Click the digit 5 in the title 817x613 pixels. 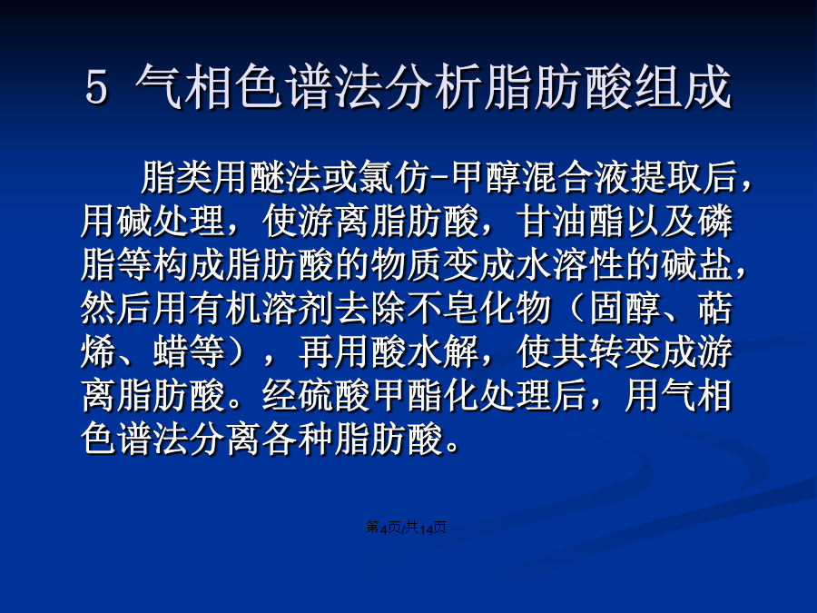point(96,87)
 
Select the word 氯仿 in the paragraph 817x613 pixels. point(394,177)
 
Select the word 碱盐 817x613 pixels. point(696,265)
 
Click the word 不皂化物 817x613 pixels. point(478,309)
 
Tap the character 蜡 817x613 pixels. point(171,351)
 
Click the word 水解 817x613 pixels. point(443,351)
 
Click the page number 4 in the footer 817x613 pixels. point(383,529)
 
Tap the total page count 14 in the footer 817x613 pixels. point(427,529)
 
